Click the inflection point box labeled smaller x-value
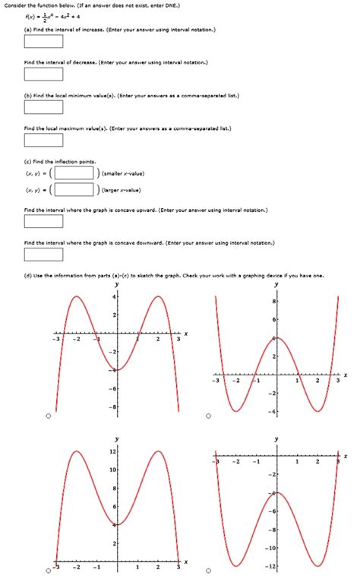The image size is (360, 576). (x=74, y=172)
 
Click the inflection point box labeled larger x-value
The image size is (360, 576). (x=74, y=189)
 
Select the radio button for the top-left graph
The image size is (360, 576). (x=49, y=416)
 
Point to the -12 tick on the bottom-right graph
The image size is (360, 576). (x=271, y=566)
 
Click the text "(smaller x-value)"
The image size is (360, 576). (x=127, y=172)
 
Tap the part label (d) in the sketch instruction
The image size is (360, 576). (x=28, y=275)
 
